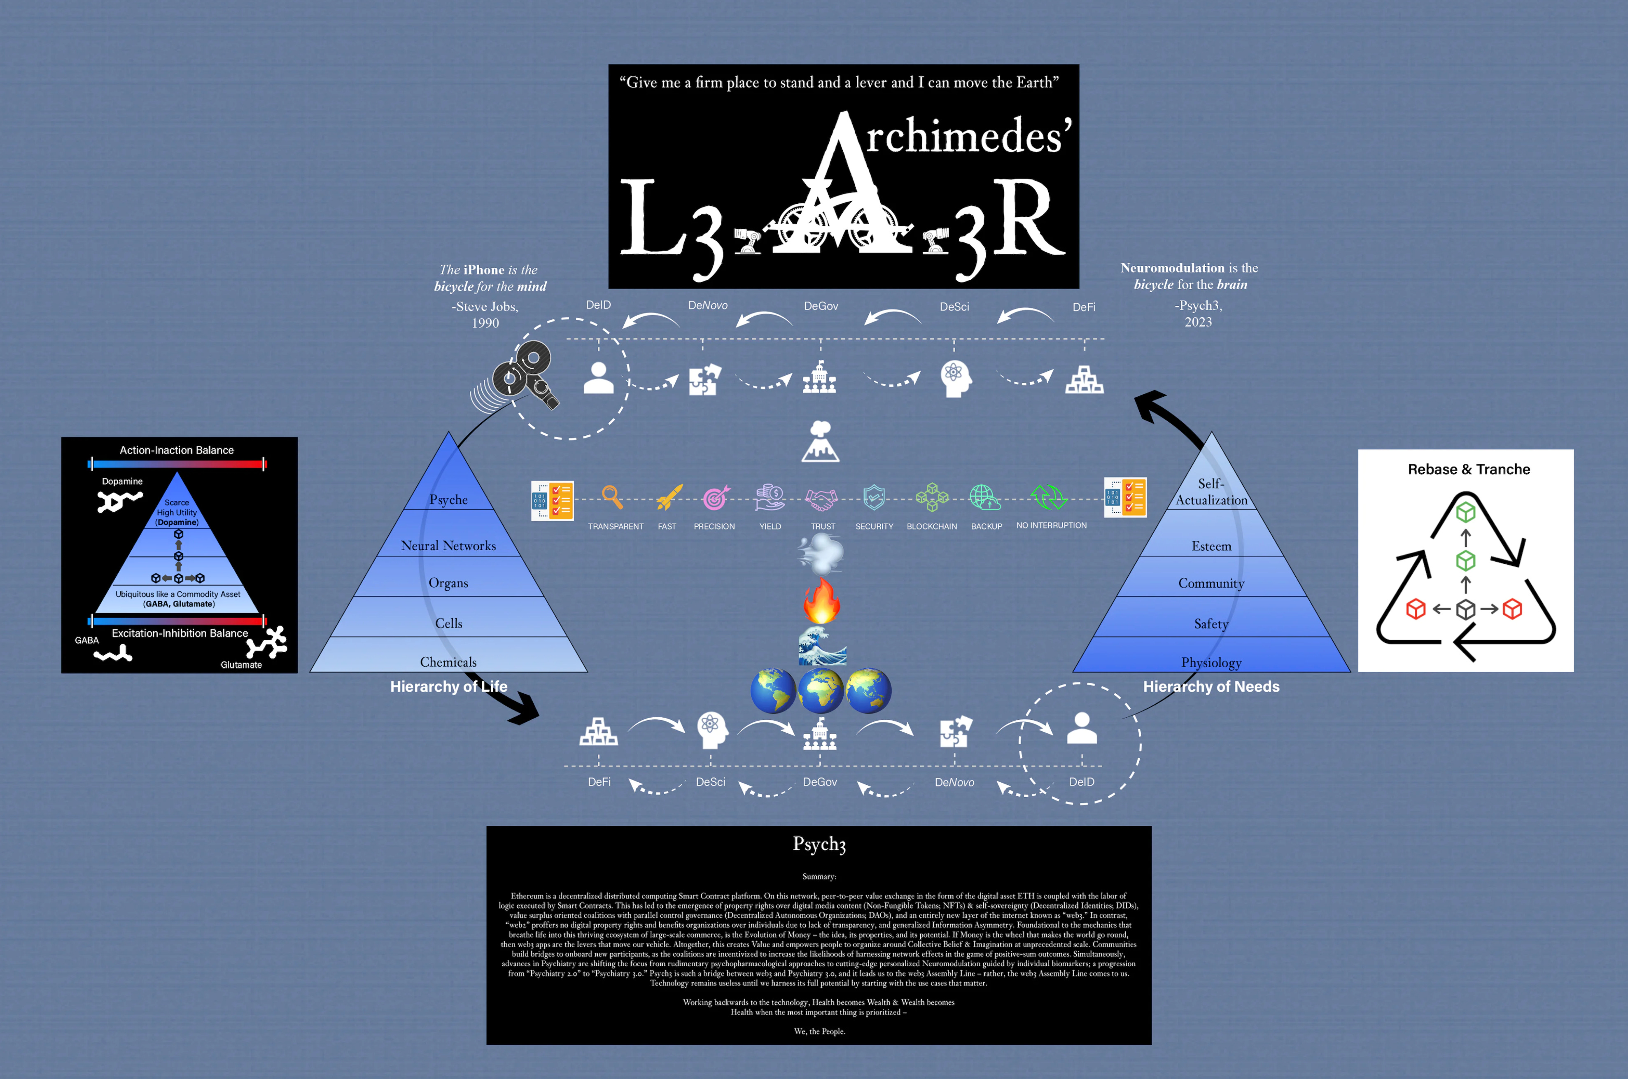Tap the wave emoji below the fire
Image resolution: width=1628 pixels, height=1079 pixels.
coord(821,646)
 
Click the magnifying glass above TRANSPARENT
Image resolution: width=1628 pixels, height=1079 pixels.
coord(612,497)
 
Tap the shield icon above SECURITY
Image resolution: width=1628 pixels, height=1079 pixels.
coord(874,497)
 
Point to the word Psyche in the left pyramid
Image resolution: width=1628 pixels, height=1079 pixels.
coord(448,500)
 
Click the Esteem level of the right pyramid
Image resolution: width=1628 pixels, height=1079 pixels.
coord(1211,546)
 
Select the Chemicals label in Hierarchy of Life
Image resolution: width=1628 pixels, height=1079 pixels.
coord(448,662)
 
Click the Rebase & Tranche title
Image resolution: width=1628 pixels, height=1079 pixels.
coord(1468,469)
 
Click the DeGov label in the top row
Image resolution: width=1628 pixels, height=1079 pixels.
coord(821,306)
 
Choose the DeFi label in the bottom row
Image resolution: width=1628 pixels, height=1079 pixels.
coord(599,782)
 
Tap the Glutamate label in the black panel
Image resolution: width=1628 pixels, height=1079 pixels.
coord(241,665)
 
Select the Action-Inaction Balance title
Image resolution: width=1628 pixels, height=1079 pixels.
coord(176,450)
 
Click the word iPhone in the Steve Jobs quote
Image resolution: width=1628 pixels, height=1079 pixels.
coord(483,270)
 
